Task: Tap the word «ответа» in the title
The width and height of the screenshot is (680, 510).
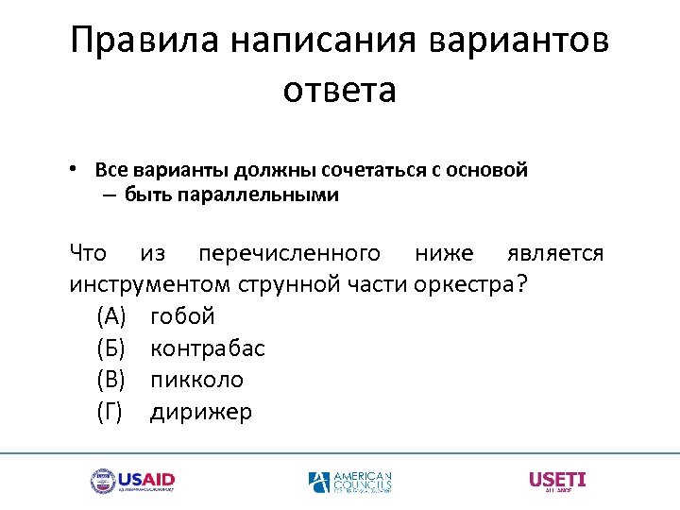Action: pyautogui.click(x=339, y=91)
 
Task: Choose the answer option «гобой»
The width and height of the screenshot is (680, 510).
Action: pyautogui.click(x=182, y=315)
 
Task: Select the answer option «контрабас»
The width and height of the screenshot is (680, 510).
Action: pyautogui.click(x=208, y=348)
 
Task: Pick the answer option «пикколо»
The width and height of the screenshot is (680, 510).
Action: pyautogui.click(x=196, y=380)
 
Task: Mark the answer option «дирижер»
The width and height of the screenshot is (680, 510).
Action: pyautogui.click(x=201, y=412)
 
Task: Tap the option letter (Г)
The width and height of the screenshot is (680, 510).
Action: pyautogui.click(x=110, y=412)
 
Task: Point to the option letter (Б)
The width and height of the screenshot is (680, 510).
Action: pyautogui.click(x=110, y=348)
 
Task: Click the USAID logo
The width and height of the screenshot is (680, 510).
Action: pyautogui.click(x=132, y=481)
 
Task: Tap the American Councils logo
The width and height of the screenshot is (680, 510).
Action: pyautogui.click(x=349, y=482)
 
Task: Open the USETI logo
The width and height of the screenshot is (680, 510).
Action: pyautogui.click(x=557, y=481)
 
